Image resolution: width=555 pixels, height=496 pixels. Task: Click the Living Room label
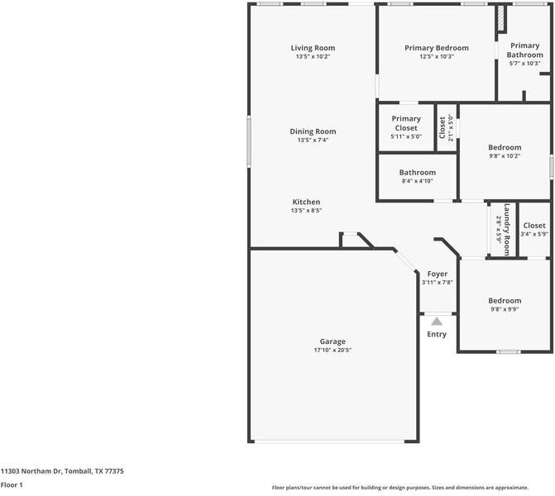click(x=313, y=48)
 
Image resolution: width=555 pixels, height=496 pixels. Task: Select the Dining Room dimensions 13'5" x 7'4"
click(x=313, y=141)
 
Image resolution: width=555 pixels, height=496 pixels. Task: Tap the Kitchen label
click(x=306, y=202)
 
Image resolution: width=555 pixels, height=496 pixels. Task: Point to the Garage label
click(x=333, y=341)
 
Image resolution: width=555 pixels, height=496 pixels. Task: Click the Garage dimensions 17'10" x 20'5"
click(x=333, y=351)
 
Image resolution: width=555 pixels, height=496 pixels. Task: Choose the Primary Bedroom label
click(x=436, y=48)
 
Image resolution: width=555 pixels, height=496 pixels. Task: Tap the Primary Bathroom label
click(x=524, y=50)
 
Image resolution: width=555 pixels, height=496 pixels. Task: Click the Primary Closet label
click(x=406, y=123)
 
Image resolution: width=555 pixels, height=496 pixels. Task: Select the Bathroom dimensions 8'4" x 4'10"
click(x=417, y=181)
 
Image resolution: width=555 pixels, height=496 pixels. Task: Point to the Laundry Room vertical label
click(x=506, y=229)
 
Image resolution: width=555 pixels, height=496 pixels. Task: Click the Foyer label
click(x=437, y=274)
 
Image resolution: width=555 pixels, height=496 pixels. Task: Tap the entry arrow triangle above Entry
click(x=437, y=321)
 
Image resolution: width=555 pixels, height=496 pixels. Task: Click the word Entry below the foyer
click(x=437, y=335)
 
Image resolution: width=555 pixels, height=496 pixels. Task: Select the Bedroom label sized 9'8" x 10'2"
click(x=505, y=147)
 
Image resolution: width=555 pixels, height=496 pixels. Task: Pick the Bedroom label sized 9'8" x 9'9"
click(x=505, y=301)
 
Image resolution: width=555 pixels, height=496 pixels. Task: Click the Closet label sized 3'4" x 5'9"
click(x=534, y=225)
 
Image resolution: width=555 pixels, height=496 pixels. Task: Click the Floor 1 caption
click(x=12, y=485)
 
